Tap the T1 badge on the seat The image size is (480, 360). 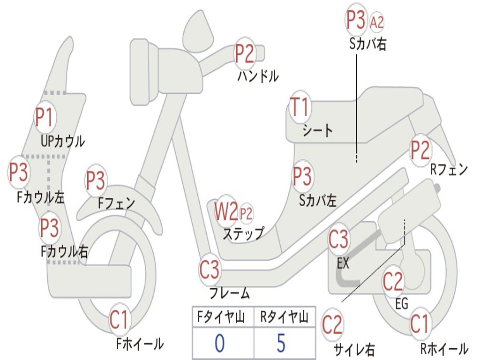tap(300, 108)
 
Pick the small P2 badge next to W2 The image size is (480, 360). tap(246, 214)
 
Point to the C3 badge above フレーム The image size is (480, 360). tap(210, 270)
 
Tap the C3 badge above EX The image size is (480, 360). tap(338, 240)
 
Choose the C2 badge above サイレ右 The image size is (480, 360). tap(332, 325)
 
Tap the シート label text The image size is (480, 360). tap(317, 130)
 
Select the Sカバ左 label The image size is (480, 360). tap(318, 201)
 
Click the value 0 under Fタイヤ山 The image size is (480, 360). tap(219, 343)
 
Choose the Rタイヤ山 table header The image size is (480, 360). tap(284, 318)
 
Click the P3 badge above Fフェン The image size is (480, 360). tap(96, 181)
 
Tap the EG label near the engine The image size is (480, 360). tap(402, 304)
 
